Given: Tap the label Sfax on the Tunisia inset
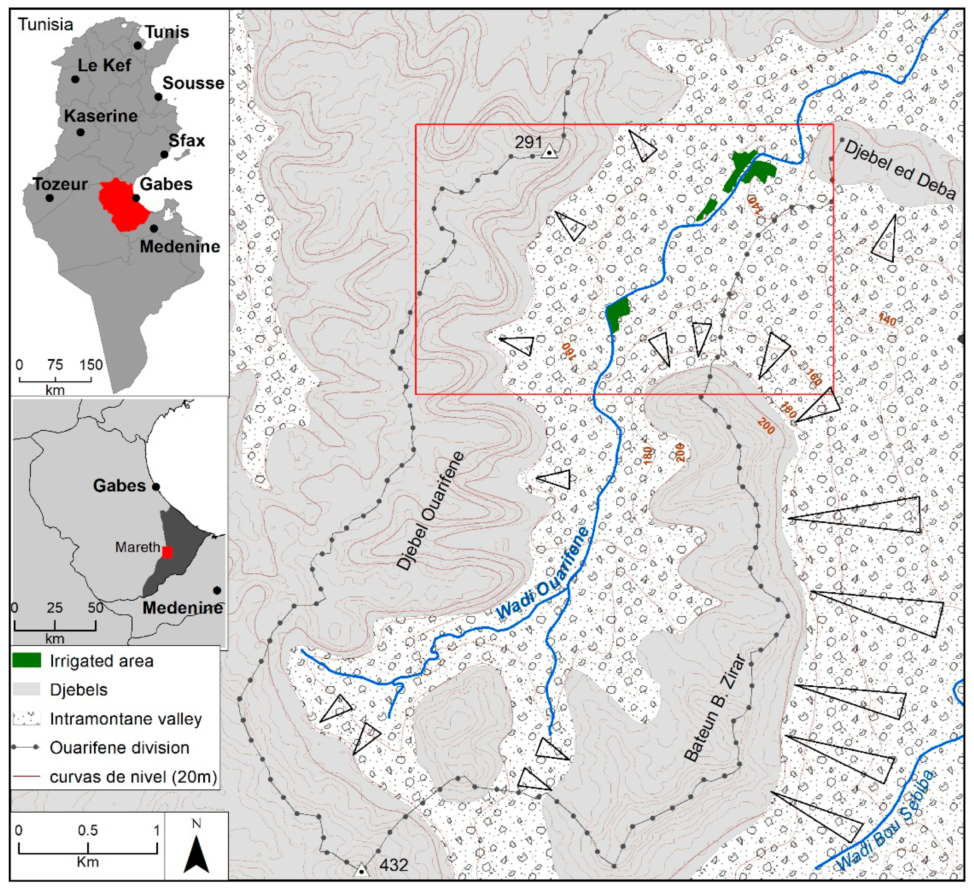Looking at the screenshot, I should point(187,141).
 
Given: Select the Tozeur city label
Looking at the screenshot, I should point(60,184).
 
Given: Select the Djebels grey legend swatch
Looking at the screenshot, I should point(26,689).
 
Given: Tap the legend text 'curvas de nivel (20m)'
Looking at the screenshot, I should point(133,776).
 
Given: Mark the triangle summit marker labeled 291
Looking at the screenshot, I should point(549,153).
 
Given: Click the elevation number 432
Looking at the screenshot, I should point(394,864).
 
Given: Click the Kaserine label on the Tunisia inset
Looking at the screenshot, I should point(101,116).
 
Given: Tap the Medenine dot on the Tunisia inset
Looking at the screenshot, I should point(154,229).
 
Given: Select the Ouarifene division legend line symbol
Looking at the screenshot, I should point(26,748).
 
